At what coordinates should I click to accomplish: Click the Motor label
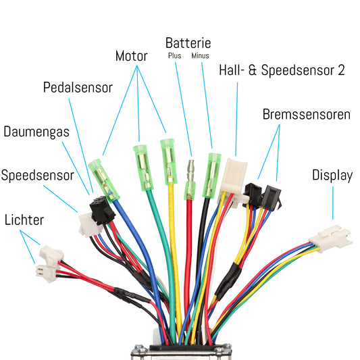point(131,56)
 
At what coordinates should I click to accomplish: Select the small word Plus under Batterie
point(174,56)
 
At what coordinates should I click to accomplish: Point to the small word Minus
point(201,56)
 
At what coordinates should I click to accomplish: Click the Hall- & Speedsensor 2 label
point(282,70)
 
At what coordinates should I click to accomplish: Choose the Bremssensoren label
point(306,114)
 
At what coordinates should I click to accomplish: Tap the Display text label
point(332,176)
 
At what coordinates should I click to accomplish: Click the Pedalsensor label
point(78,88)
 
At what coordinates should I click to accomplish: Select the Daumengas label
point(36,131)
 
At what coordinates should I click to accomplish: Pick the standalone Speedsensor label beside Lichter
point(37,176)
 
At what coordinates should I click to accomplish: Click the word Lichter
point(24,220)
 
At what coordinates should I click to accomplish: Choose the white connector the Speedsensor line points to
point(86,223)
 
